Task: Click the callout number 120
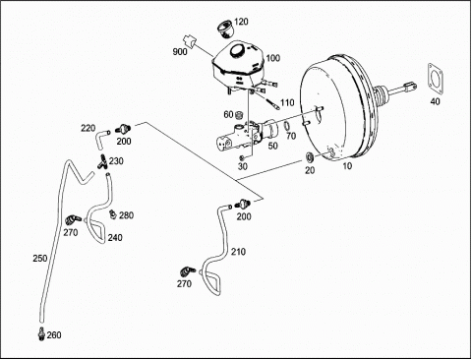tap(242, 22)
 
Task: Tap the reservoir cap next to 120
tap(225, 28)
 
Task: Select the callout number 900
tap(180, 52)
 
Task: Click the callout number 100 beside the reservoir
tap(273, 58)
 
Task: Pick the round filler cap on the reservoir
tap(237, 50)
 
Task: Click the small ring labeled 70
tap(286, 126)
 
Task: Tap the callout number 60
tap(228, 114)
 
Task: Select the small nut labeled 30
tap(242, 158)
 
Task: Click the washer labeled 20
tap(310, 157)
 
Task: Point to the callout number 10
tap(347, 166)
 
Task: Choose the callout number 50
tap(273, 146)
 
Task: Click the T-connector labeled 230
tap(102, 161)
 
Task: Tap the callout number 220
tap(88, 128)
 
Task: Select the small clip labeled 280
tap(112, 213)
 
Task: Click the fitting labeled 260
tap(41, 334)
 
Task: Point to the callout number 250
tap(40, 259)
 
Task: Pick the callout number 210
tap(238, 252)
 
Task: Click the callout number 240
tap(115, 238)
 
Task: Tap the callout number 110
tap(287, 102)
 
